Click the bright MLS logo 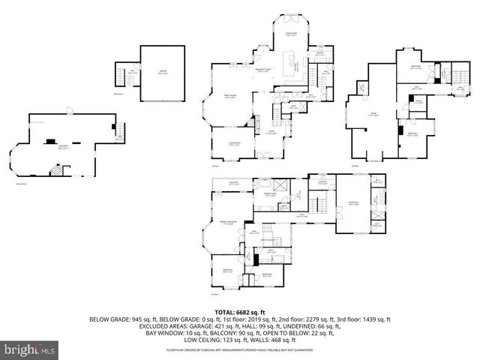30,349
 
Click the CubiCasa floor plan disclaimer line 240,349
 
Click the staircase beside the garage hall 120,76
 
